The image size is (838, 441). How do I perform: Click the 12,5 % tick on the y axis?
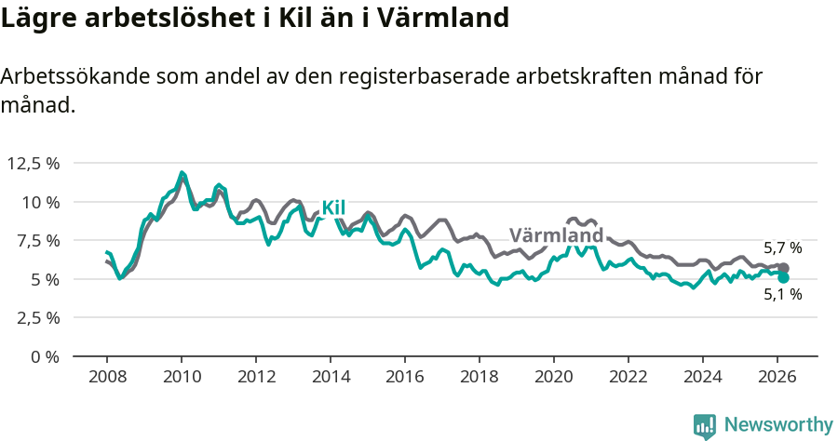[34, 164]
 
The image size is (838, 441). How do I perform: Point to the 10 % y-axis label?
[40, 202]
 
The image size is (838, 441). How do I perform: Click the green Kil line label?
[333, 207]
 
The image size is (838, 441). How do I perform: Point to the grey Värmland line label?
[556, 234]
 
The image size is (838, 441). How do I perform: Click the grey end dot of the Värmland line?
[784, 268]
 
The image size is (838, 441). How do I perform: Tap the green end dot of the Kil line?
[784, 277]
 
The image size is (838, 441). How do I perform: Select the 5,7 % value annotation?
[782, 248]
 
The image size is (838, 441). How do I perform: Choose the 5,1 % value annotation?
[782, 295]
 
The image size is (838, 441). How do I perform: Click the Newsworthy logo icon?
[705, 425]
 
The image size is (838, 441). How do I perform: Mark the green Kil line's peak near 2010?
[182, 172]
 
